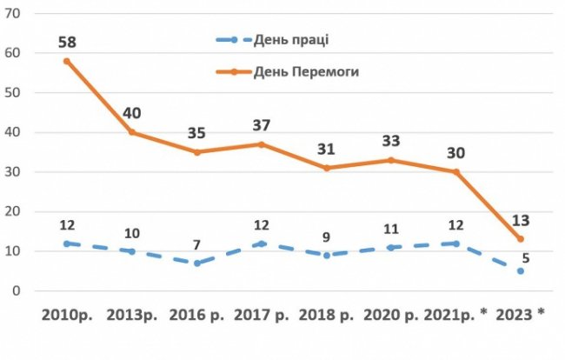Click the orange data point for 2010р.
pyautogui.click(x=67, y=61)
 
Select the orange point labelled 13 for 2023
pyautogui.click(x=520, y=239)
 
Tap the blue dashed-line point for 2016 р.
pyautogui.click(x=197, y=263)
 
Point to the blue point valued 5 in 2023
pyautogui.click(x=520, y=271)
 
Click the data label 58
pyautogui.click(x=67, y=41)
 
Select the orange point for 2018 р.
pyautogui.click(x=327, y=168)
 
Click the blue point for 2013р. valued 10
pyautogui.click(x=132, y=251)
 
